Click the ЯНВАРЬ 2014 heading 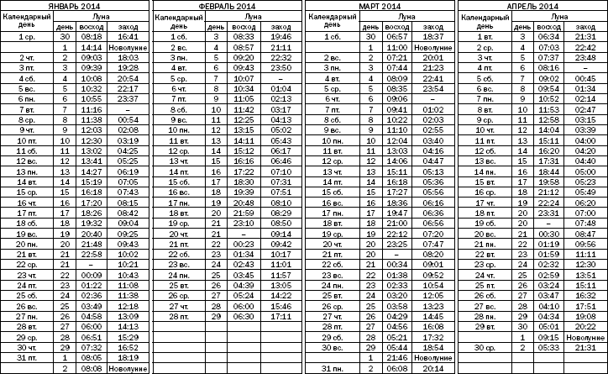coord(76,5)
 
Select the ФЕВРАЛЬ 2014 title coord(228,5)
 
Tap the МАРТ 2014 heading coord(380,5)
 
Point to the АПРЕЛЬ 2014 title coord(532,5)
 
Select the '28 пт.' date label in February coord(177,317)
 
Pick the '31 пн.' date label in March coord(329,368)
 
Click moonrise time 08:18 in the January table coord(92,37)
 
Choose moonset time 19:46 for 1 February coord(281,37)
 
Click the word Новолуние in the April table coord(585,337)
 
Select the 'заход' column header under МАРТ coord(433,27)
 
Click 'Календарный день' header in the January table coord(26,21)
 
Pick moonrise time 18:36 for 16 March coord(396,202)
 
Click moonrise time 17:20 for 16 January coord(92,202)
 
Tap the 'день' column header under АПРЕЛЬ coord(521,27)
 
